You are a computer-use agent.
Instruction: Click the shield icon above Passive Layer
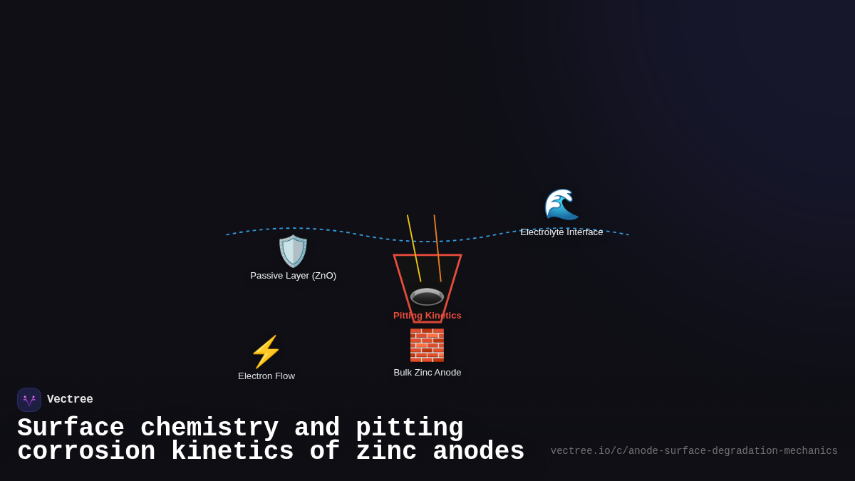pos(293,251)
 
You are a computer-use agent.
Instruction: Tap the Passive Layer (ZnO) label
pos(293,276)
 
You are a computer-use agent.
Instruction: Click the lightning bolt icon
pos(266,352)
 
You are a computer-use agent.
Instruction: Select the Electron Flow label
pos(266,376)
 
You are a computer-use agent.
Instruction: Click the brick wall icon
pos(427,345)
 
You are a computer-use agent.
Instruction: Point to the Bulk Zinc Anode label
pos(427,373)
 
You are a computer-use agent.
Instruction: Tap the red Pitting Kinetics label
pos(427,316)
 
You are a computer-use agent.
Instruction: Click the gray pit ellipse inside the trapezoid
pos(427,296)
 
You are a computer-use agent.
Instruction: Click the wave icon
pos(561,205)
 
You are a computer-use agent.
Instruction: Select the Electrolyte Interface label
pos(561,232)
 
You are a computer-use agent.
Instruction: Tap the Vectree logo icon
pos(29,400)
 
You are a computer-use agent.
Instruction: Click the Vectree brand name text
pos(70,400)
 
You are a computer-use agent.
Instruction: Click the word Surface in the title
pos(71,428)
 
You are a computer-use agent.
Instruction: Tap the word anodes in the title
pos(479,452)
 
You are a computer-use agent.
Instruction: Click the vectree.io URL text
pos(694,451)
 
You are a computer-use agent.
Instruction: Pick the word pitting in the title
pos(410,428)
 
